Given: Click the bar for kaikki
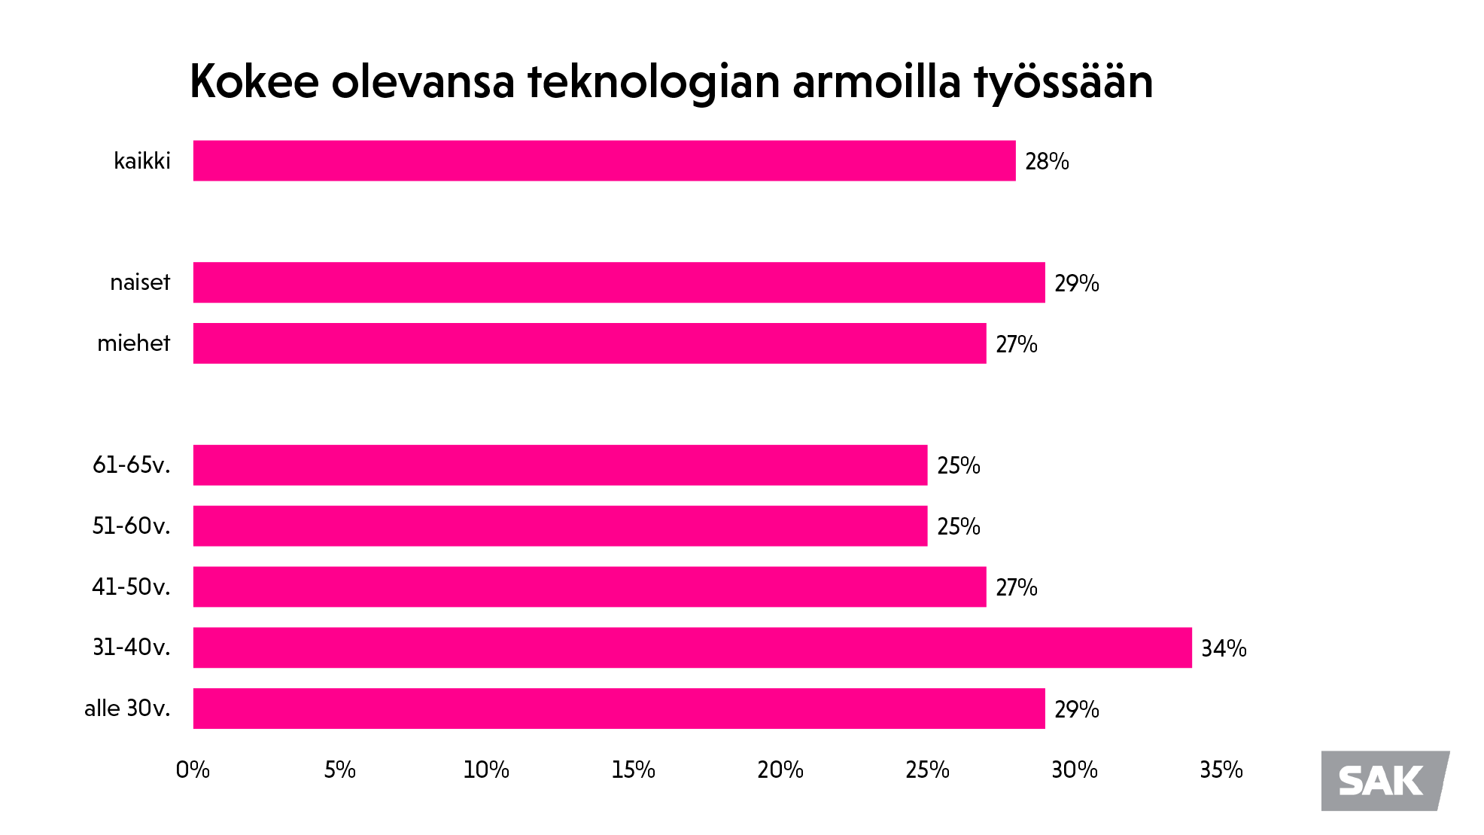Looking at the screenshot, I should [x=604, y=160].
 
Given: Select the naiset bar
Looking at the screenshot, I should [x=619, y=282].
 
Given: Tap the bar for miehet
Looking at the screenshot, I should [x=589, y=343].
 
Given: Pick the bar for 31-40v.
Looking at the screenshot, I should [x=692, y=648].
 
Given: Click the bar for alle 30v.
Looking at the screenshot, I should [x=619, y=709].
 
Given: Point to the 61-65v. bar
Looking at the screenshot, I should [x=560, y=465].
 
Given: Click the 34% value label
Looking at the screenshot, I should [x=1224, y=648].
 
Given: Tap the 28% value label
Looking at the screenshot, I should [x=1047, y=161].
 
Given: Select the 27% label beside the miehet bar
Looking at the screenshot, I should [x=1016, y=344].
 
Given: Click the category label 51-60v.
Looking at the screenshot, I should [x=131, y=526].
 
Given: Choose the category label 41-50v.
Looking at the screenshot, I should [x=131, y=587].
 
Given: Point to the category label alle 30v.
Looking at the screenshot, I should [x=127, y=709].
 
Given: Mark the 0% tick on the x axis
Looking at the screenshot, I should [x=193, y=769].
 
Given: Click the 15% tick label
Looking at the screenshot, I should [x=633, y=769].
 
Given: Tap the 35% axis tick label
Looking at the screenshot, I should [x=1221, y=769].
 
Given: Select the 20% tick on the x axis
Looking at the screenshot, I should [x=780, y=769].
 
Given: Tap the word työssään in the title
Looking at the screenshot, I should [x=1063, y=83].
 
